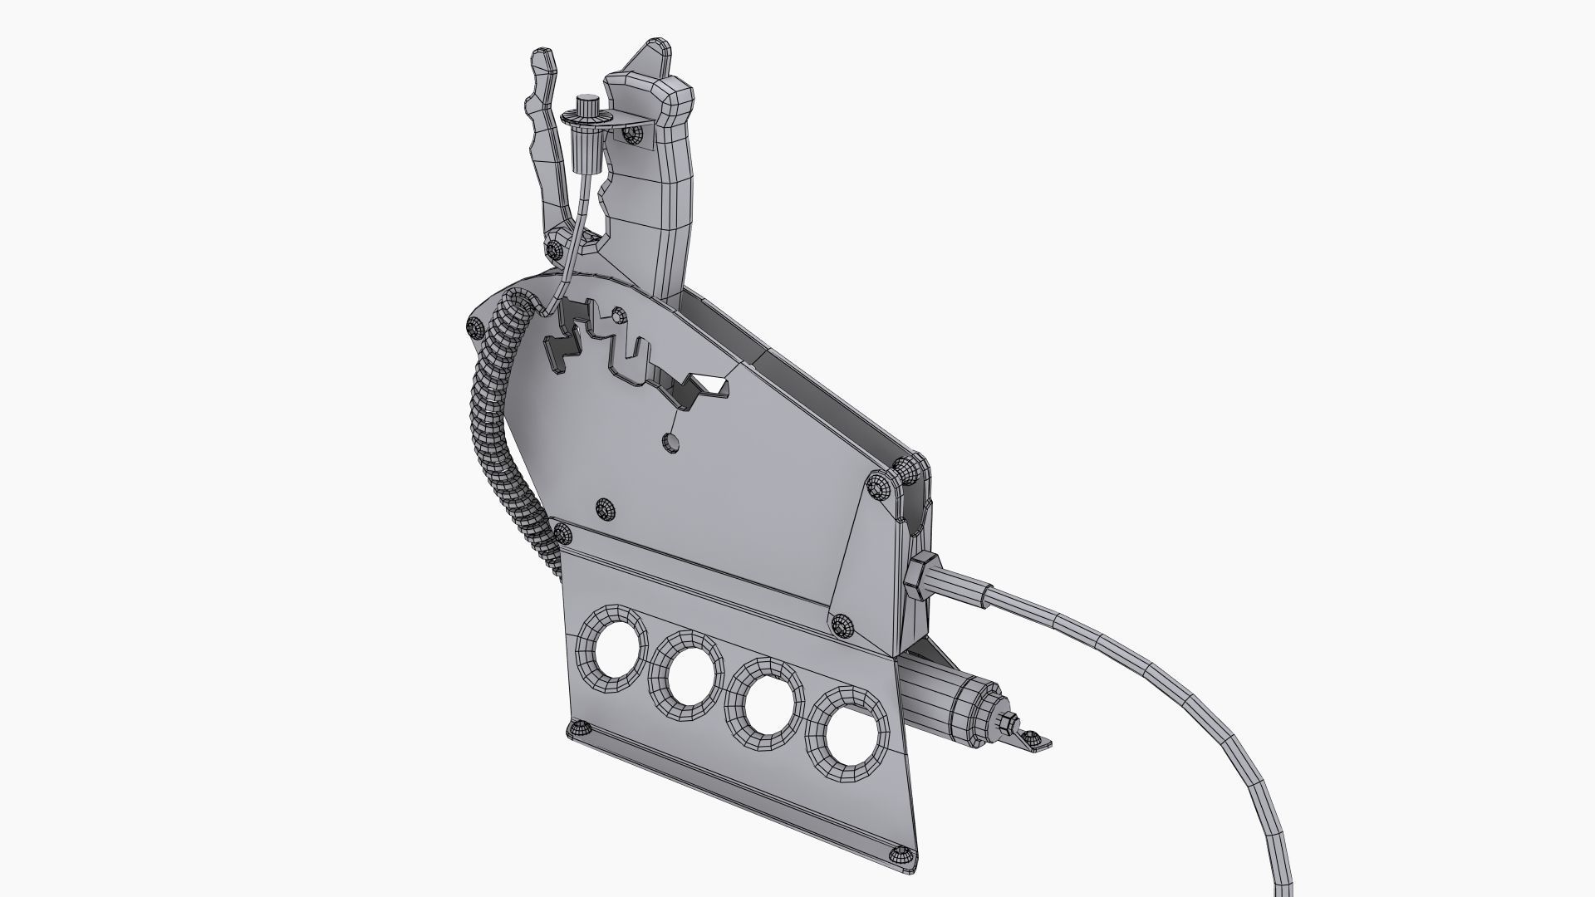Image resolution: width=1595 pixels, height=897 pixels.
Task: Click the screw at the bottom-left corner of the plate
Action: coord(577,729)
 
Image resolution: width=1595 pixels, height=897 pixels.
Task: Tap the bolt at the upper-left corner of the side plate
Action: coord(475,327)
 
